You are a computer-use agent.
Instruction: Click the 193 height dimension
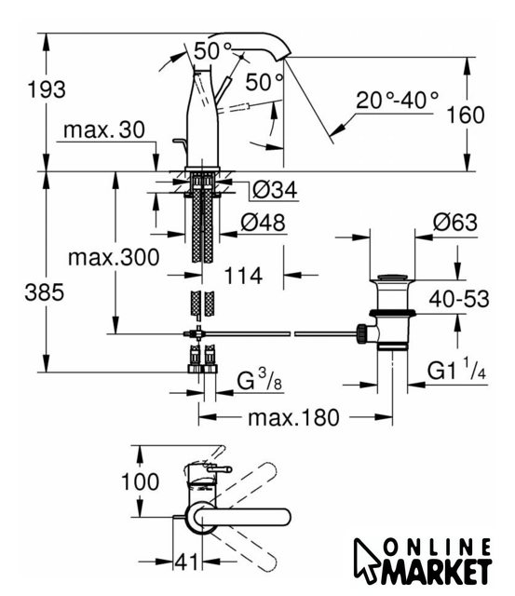(x=47, y=90)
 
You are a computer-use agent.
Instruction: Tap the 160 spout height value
(x=466, y=115)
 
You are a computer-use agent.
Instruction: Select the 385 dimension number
(x=45, y=293)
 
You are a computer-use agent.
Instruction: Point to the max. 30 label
(x=104, y=130)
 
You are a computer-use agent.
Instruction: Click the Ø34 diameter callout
(x=275, y=190)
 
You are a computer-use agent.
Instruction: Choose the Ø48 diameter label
(x=263, y=223)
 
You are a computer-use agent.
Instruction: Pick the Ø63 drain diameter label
(x=455, y=223)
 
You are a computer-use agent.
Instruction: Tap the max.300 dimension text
(x=114, y=257)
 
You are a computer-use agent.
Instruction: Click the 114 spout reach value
(x=243, y=276)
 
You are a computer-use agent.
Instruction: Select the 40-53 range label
(x=459, y=299)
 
